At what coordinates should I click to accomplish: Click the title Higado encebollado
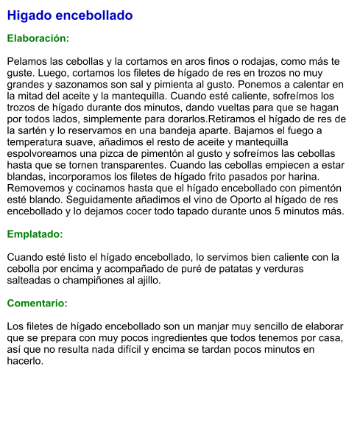[70, 15]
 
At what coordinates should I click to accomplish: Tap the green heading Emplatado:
[35, 233]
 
